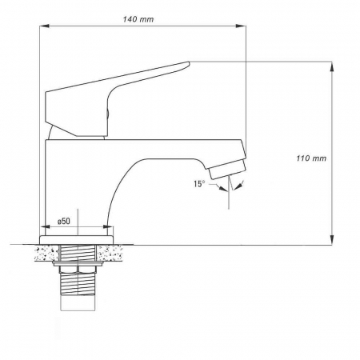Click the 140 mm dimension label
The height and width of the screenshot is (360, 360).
138,19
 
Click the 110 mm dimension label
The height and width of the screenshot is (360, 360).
311,158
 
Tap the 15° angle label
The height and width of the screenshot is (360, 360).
199,184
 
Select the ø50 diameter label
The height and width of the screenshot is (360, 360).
64,221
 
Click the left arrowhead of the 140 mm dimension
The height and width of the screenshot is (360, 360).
44,26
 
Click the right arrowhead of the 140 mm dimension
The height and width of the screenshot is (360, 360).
241,26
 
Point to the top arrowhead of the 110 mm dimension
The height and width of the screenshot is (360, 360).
332,66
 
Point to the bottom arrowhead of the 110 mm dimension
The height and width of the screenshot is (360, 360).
332,239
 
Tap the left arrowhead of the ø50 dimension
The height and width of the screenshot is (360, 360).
45,226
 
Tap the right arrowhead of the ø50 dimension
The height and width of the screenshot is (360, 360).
108,226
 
